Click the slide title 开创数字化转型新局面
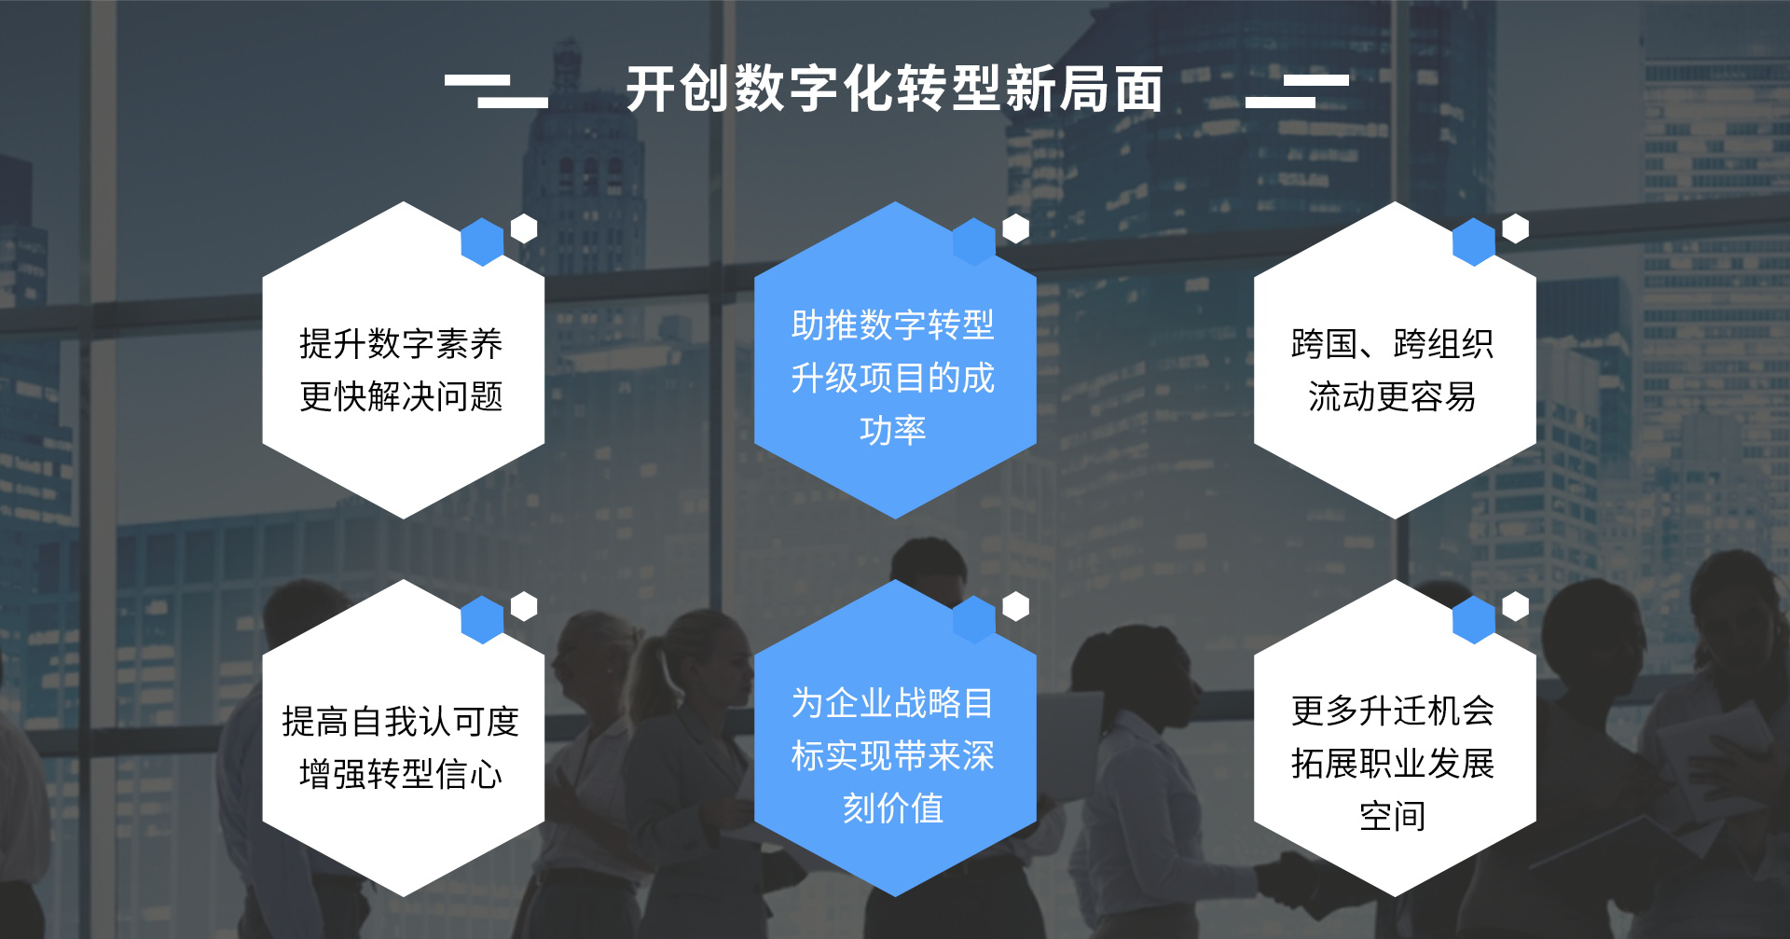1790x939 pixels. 894,90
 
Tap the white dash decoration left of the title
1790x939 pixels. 496,91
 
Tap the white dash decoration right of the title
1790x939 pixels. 1297,91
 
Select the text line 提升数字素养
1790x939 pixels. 401,344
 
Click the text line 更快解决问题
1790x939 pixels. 401,397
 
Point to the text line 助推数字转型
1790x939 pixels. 892,325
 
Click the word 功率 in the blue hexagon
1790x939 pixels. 892,431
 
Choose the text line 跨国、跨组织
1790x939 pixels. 1392,344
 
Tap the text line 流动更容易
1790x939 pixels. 1392,397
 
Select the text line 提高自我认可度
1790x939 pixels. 401,722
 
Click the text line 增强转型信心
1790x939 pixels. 401,774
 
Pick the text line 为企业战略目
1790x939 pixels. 892,703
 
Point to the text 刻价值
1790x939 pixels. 892,808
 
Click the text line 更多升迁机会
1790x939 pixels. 1392,711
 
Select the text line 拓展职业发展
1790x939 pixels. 1392,764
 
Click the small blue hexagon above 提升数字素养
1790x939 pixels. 482,242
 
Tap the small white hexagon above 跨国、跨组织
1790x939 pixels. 1516,228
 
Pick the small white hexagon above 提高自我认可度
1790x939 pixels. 524,606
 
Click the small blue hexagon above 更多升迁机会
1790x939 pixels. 1474,619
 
